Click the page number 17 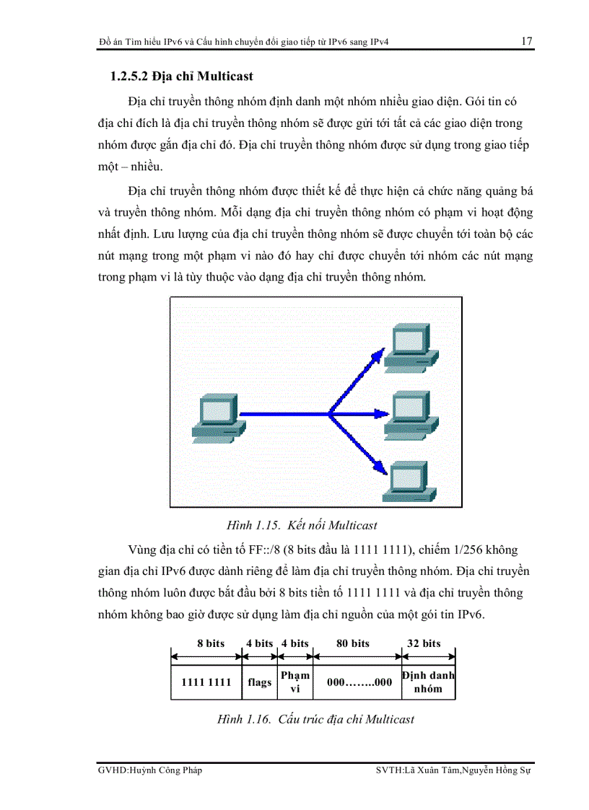coord(526,41)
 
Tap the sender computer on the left coord(214,416)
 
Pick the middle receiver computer coord(410,414)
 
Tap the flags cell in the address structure coord(260,682)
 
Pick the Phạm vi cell coord(295,682)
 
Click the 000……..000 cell coord(359,682)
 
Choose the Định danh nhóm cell coord(429,682)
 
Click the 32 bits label coord(424,643)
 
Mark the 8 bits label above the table coord(211,643)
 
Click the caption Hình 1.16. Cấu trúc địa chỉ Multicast coord(315,719)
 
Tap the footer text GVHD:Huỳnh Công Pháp coord(150,770)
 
